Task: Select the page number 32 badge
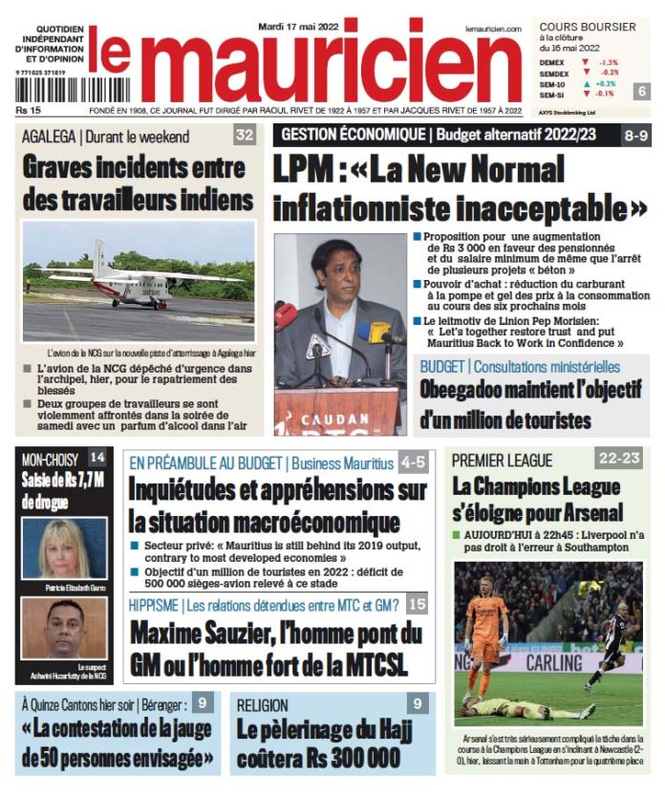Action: (x=245, y=136)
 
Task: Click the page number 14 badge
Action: (x=97, y=458)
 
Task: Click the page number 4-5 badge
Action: (x=414, y=463)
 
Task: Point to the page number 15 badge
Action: (x=417, y=604)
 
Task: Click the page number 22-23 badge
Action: (x=619, y=459)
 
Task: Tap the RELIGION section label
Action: (x=262, y=705)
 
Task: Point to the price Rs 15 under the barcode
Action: (x=28, y=112)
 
